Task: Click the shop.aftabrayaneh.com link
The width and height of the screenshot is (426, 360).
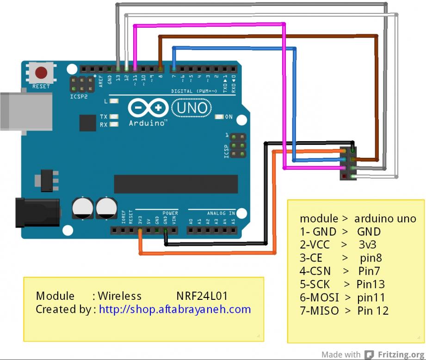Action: (x=175, y=309)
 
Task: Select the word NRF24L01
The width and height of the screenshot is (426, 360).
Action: (x=202, y=296)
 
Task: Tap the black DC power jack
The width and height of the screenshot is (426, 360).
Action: (x=37, y=212)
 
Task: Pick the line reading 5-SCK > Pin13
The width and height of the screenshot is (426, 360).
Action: (x=342, y=284)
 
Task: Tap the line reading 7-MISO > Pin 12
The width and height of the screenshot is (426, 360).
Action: (x=344, y=310)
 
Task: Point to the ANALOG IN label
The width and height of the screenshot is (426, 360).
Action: (x=221, y=213)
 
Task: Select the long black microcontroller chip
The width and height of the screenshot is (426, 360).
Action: (x=176, y=184)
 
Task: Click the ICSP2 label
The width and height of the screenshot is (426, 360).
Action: (x=78, y=97)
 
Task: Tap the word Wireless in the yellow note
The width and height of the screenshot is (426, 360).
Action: (x=120, y=296)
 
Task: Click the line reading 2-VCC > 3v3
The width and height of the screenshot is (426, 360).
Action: (x=340, y=244)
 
